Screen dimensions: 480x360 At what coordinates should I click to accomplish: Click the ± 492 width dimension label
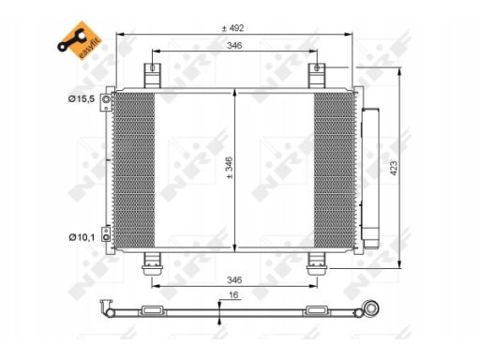232,28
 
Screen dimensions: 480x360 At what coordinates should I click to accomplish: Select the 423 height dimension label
394,168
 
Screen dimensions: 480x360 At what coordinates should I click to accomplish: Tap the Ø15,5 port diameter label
82,99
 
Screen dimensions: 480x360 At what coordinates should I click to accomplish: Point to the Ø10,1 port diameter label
82,237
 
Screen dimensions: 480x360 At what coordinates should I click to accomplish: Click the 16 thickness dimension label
233,294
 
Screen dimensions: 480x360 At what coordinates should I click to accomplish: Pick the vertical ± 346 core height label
230,168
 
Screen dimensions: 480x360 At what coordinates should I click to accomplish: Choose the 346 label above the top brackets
234,46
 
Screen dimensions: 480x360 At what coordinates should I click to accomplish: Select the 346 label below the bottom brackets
234,279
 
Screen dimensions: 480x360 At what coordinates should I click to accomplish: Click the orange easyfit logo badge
80,40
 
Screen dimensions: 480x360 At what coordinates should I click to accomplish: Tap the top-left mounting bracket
152,75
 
